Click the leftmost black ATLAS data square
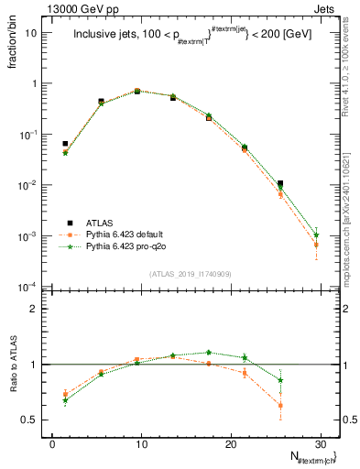(65, 144)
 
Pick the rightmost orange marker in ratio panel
(280, 405)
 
